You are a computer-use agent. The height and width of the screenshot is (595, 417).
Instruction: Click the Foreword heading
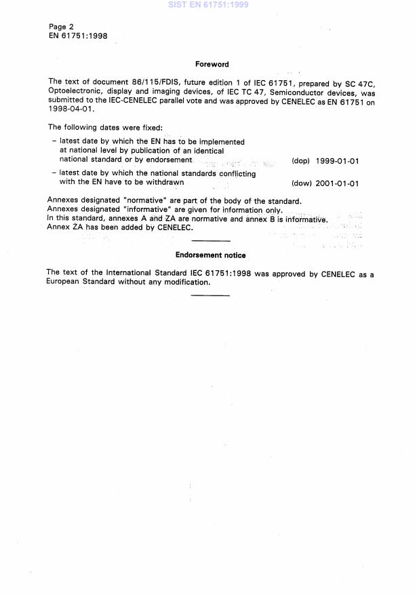pyautogui.click(x=212, y=65)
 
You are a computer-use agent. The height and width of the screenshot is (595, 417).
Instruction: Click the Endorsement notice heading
pyautogui.click(x=210, y=255)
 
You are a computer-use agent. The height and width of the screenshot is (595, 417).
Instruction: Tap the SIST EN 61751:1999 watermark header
pyautogui.click(x=209, y=4)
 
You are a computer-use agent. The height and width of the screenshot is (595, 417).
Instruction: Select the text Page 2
pyautogui.click(x=61, y=26)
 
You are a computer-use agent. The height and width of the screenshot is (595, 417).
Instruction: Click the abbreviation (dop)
pyautogui.click(x=300, y=162)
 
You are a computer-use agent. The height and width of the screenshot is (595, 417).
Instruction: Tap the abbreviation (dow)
pyautogui.click(x=300, y=183)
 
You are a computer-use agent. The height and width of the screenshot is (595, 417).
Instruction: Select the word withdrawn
pyautogui.click(x=162, y=182)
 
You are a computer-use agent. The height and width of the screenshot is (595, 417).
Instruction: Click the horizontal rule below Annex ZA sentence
pyautogui.click(x=211, y=241)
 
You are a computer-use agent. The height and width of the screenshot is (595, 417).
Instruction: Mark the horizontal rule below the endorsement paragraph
pyautogui.click(x=210, y=295)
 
